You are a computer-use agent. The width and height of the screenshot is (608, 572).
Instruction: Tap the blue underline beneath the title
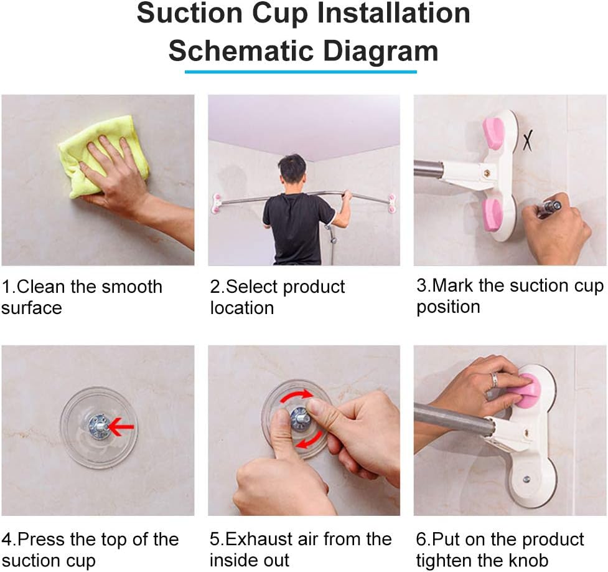[x=301, y=72]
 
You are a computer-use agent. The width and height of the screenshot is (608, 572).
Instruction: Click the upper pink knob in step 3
[x=493, y=133]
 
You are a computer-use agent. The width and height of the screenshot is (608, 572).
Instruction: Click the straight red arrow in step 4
[x=121, y=427]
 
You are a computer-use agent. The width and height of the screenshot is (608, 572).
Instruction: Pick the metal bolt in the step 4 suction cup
[x=99, y=426]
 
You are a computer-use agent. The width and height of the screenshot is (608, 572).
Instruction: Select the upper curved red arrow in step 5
[x=296, y=396]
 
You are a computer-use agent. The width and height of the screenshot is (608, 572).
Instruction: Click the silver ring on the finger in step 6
[x=494, y=379]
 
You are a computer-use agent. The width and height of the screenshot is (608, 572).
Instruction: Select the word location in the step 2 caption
[x=242, y=308]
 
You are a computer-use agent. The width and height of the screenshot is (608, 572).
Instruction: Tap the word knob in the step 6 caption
[x=530, y=560]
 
